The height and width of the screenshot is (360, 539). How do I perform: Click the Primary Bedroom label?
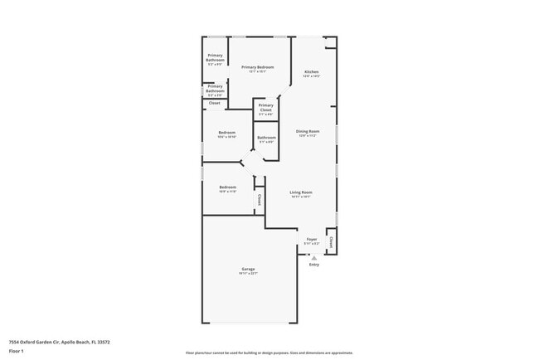click(257, 66)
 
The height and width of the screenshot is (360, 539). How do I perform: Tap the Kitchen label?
click(311, 72)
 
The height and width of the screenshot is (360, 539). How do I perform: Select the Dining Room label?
click(308, 131)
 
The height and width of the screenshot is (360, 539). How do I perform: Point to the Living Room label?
click(300, 192)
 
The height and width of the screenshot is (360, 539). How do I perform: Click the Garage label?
click(248, 269)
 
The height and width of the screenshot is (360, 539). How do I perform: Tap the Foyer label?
click(312, 239)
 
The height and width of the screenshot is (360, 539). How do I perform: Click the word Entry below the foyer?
click(313, 265)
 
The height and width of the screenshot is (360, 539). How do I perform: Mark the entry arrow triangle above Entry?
click(313, 257)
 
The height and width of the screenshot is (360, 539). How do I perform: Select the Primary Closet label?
click(265, 107)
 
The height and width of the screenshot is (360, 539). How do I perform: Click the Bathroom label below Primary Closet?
click(266, 137)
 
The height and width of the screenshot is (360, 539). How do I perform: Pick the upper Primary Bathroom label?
click(215, 57)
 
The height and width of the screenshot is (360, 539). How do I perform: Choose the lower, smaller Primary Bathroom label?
click(215, 87)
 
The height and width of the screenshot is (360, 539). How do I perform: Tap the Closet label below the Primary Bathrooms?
click(214, 103)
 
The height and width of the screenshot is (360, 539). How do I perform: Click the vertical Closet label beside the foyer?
click(332, 242)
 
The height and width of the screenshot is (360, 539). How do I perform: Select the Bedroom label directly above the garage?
click(227, 187)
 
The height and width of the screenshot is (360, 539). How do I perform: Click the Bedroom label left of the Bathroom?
click(226, 133)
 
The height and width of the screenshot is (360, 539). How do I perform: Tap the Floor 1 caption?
click(17, 351)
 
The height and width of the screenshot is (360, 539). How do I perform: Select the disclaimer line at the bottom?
click(269, 353)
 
